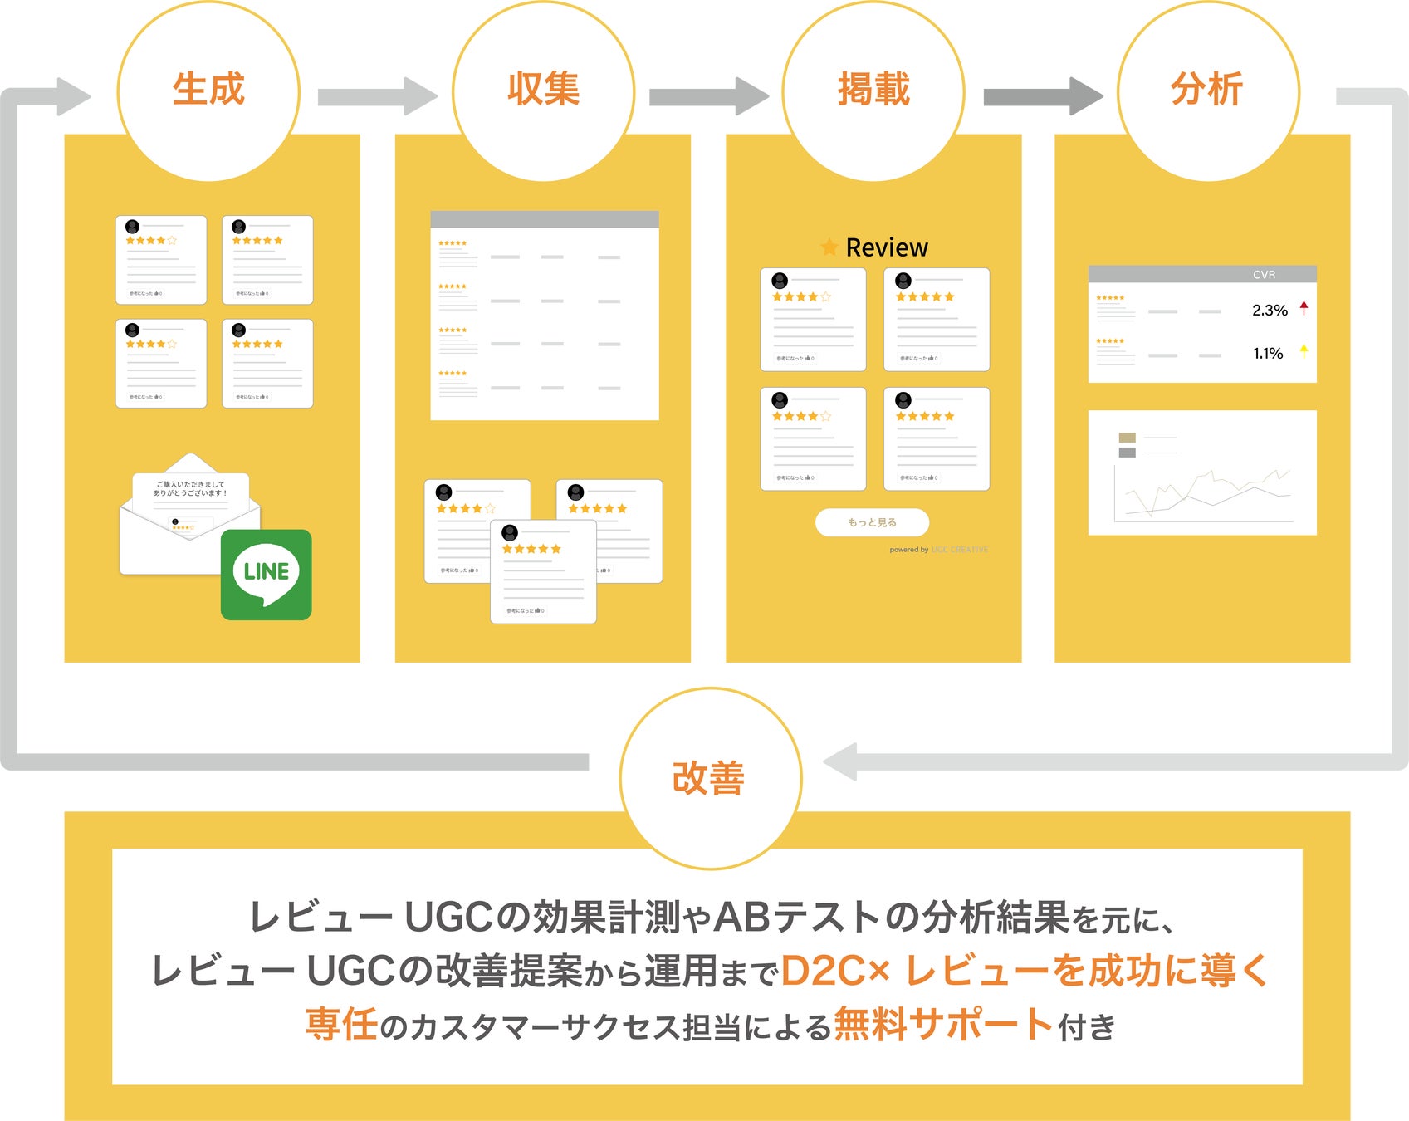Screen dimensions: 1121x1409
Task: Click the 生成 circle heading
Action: point(208,90)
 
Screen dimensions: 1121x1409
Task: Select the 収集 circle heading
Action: point(543,90)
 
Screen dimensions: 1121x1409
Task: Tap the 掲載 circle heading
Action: point(873,90)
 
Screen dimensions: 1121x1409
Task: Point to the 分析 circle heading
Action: point(1207,90)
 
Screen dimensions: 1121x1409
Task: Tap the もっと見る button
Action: point(872,522)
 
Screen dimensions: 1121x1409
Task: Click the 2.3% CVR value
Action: point(1270,311)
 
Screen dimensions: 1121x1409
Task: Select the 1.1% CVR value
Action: point(1268,354)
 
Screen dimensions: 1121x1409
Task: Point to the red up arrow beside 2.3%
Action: point(1304,309)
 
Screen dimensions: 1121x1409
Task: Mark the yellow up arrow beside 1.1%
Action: point(1304,351)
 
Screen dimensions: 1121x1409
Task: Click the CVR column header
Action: point(1264,275)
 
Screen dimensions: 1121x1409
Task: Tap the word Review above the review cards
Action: point(887,247)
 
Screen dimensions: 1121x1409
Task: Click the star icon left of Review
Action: point(829,247)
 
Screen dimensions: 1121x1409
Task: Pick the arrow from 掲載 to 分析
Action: point(1042,97)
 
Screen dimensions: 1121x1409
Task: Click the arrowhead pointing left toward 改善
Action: point(840,762)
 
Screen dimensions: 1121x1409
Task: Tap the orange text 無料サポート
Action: point(943,1024)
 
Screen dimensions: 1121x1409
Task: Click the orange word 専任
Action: point(341,1024)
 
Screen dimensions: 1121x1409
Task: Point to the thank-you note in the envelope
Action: point(190,489)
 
